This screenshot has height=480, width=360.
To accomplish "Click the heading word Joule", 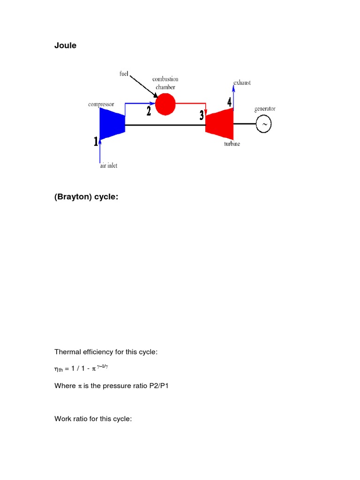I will coord(65,45).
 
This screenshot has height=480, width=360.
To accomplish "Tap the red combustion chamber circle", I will coord(165,104).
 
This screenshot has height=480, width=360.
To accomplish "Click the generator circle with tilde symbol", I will coord(264,124).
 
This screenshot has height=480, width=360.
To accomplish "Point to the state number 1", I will coord(96,141).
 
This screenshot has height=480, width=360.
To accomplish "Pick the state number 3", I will coord(202,115).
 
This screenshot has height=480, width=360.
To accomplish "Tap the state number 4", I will coord(229,101).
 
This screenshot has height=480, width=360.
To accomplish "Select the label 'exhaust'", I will coord(242,82).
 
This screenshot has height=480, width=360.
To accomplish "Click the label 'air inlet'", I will coord(108,166).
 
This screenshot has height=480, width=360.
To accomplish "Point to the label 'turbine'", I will coord(232,144).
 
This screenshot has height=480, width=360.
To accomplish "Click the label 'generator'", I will coord(265,108).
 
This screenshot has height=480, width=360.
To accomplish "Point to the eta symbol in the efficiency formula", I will coord(57,369).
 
